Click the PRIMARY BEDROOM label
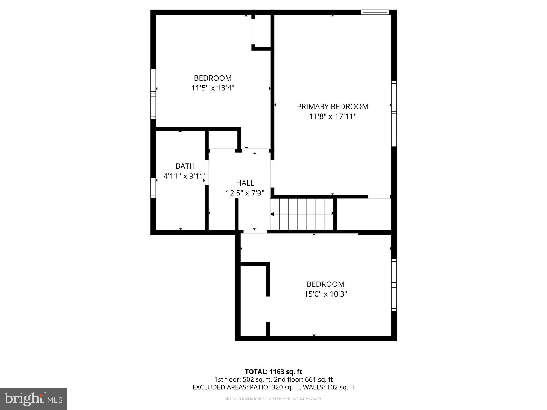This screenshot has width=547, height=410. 333,106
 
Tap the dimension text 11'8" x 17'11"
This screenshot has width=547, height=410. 333,117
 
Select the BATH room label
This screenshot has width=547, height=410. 185,166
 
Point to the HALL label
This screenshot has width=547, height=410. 245,183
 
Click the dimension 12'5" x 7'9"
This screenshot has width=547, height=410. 245,193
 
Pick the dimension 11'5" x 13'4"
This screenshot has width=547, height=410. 213,88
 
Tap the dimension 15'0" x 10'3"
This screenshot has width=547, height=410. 325,294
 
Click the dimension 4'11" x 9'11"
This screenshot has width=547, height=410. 185,176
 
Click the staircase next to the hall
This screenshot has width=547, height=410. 302,214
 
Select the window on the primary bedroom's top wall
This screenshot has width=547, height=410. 375,12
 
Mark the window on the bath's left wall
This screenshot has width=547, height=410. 153,188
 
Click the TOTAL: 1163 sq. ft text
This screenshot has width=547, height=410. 273,372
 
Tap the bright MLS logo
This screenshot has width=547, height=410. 33,399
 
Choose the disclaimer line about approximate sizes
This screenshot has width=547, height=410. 273,399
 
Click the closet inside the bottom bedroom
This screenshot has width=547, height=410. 253,301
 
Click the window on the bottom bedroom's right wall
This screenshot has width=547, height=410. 394,285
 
